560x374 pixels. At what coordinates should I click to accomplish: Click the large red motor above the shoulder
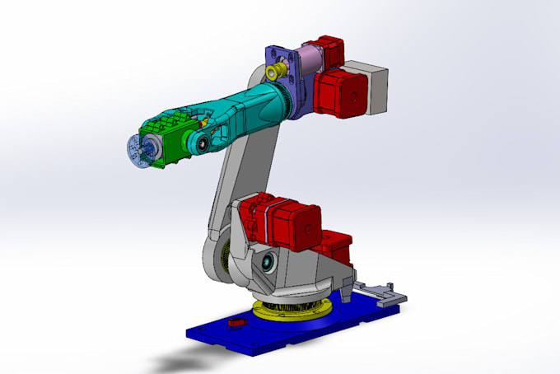pyautogui.click(x=284, y=218)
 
